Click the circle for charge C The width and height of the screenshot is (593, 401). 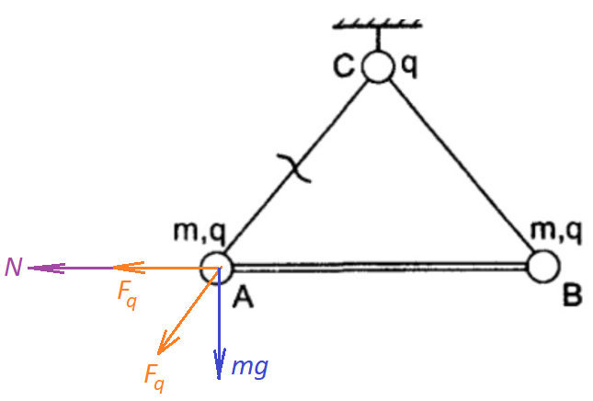coord(377,66)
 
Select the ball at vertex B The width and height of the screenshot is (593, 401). coord(542,267)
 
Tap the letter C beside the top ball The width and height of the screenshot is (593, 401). coord(344,66)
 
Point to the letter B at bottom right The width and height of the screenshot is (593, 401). coord(572,295)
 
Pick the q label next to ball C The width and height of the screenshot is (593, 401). coord(409,66)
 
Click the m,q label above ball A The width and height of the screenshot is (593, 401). coord(200,232)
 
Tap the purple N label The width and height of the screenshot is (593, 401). coord(14,267)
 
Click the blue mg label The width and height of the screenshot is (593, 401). coord(250,367)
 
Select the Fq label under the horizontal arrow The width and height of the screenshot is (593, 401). coord(127,296)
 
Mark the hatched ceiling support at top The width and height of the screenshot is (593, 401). coord(377,24)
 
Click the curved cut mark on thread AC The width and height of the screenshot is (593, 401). coord(294,168)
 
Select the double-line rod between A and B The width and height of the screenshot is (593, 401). coord(380,267)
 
